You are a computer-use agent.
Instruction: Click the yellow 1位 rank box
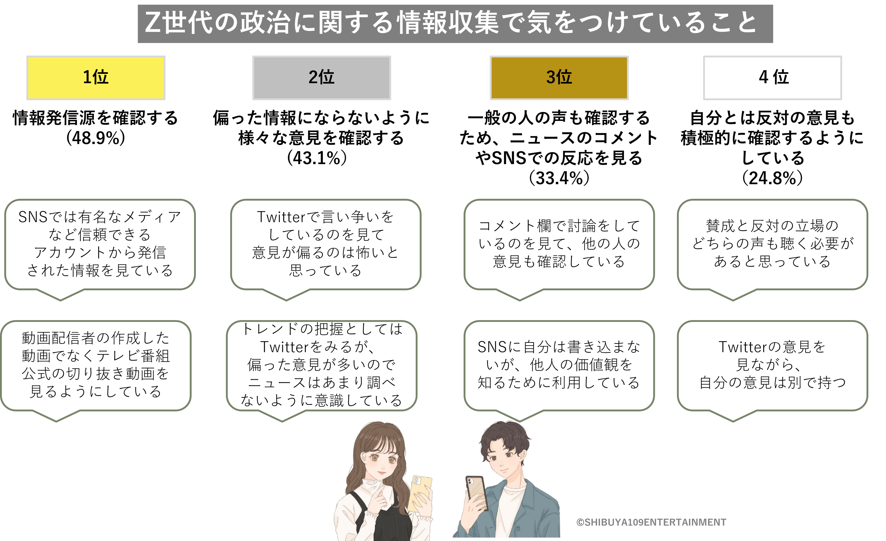tap(96, 78)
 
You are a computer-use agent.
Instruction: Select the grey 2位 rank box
tap(321, 78)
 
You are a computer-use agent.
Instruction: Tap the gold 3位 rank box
tap(559, 78)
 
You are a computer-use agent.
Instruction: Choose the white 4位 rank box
tap(772, 78)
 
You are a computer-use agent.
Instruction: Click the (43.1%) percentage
tap(317, 158)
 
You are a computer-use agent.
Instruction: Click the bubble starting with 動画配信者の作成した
tap(96, 365)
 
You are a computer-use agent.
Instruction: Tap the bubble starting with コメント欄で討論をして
tap(559, 244)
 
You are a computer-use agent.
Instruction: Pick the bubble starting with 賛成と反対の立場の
tap(772, 244)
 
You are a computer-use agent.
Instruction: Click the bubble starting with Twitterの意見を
tap(772, 365)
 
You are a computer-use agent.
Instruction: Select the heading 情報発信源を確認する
tap(96, 118)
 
